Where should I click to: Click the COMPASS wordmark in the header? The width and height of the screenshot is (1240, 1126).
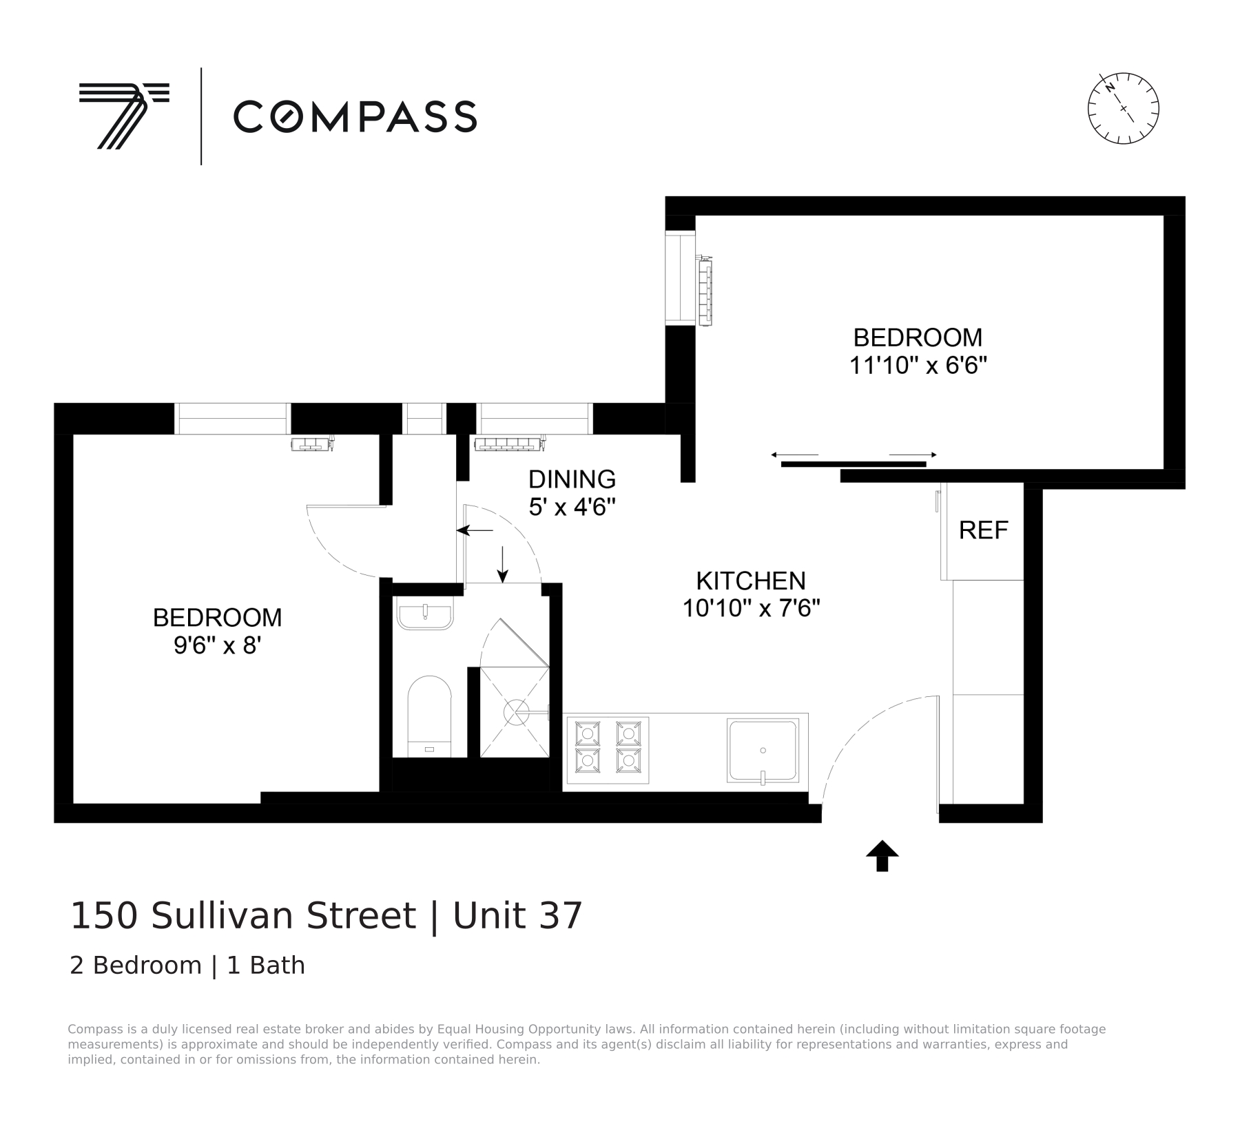(x=355, y=116)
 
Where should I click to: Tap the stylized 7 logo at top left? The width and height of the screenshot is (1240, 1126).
(x=123, y=115)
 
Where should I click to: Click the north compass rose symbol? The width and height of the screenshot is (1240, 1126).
(x=1123, y=108)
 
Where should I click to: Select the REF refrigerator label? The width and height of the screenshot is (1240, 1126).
(x=983, y=530)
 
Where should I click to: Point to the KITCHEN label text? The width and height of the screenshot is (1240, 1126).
(x=750, y=581)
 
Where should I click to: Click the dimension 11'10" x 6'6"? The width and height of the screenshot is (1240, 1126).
(x=918, y=365)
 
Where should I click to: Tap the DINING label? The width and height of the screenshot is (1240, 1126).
(x=572, y=479)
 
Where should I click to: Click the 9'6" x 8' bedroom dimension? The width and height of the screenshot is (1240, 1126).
(x=217, y=645)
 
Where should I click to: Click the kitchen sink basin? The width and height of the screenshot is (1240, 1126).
(x=763, y=751)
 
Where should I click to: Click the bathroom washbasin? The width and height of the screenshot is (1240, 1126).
(x=425, y=615)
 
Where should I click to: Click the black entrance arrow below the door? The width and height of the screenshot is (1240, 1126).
(x=882, y=856)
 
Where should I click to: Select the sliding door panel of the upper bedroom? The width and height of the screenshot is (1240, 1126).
(x=853, y=464)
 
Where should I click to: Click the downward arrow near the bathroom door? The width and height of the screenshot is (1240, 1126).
(x=502, y=564)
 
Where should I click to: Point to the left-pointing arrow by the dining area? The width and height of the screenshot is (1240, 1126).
(x=475, y=530)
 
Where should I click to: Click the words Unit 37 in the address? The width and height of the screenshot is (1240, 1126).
(x=517, y=916)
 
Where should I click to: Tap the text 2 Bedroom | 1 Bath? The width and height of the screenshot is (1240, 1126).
(x=187, y=966)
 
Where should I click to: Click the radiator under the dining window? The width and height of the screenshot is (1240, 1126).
(x=508, y=444)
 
